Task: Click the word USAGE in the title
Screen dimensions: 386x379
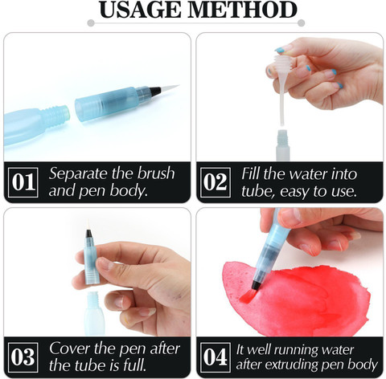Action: click(140, 10)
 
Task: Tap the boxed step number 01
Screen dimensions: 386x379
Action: click(23, 182)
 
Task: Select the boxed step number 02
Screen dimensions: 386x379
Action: click(216, 182)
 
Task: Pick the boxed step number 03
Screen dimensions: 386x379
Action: click(23, 357)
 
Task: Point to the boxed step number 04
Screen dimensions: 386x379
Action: click(216, 357)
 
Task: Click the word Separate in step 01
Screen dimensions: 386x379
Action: click(79, 174)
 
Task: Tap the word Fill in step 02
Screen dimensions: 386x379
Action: click(250, 173)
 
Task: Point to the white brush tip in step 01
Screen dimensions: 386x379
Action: click(169, 88)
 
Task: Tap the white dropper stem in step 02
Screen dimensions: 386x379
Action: click(281, 104)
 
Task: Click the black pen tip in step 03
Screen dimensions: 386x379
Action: click(88, 234)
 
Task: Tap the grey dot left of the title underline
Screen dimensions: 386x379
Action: click(91, 23)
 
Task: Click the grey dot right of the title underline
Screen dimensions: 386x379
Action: click(301, 23)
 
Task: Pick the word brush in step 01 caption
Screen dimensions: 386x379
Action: click(156, 173)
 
